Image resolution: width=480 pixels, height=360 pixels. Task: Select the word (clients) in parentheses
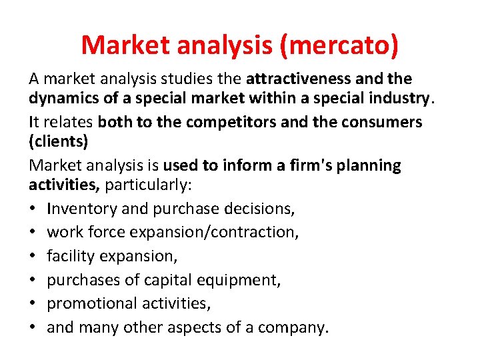[x=58, y=143]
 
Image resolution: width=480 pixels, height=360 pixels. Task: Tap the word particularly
[x=139, y=186]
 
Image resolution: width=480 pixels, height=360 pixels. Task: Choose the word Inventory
[x=82, y=209]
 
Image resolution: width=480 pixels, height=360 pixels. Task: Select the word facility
[x=70, y=256]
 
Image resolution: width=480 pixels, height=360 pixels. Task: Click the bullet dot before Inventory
[x=33, y=209]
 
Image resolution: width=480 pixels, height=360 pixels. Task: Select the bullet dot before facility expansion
[x=33, y=256]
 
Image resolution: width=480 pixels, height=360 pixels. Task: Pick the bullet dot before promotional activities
[x=33, y=303]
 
